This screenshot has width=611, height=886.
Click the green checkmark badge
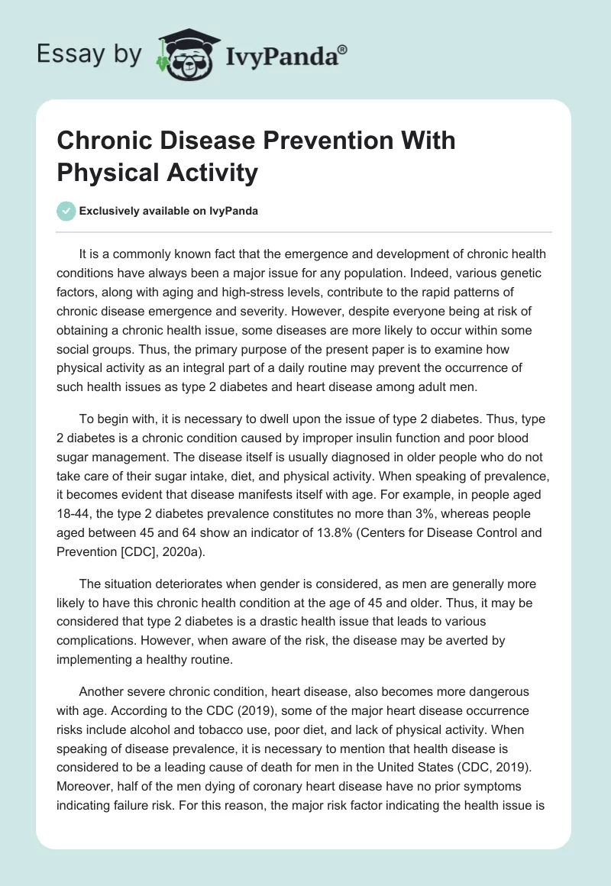tap(66, 211)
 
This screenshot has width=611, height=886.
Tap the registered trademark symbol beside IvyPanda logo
tap(343, 49)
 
